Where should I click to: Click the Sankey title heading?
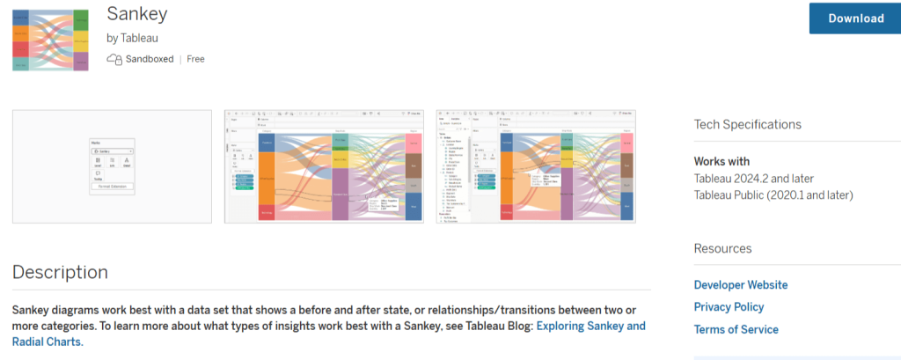coord(136,13)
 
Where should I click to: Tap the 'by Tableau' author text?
coord(132,38)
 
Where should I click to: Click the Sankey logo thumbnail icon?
coord(51,39)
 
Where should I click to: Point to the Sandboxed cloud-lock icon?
coord(114,59)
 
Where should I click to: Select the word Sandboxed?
coord(149,59)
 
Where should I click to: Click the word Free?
coord(195,59)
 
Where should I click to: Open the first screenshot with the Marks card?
coord(112,166)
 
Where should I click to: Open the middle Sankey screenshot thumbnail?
coord(324,166)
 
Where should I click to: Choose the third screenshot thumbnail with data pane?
coord(536,166)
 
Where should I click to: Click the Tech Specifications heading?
coord(747,125)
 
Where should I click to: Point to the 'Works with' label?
coord(722,162)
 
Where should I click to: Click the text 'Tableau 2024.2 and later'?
coord(754,179)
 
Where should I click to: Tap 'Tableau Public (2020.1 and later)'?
coord(773,195)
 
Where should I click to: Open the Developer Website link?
coord(740,285)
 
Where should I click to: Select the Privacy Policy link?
coord(729,307)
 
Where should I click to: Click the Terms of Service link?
coord(736,329)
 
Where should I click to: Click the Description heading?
coord(60,272)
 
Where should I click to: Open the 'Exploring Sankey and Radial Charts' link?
coord(590,327)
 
